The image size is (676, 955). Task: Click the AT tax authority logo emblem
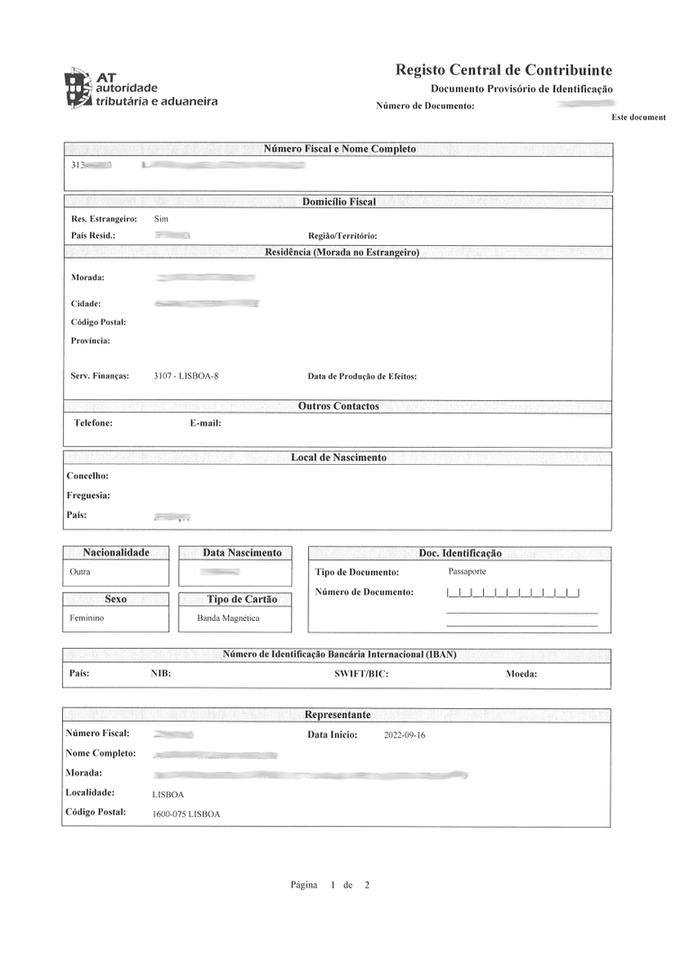point(78,88)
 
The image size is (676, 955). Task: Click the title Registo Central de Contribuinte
point(503,70)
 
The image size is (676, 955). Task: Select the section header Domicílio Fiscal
point(338,202)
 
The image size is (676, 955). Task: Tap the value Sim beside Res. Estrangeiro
point(161,219)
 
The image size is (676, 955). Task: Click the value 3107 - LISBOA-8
point(186,376)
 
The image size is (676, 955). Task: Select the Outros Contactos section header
point(338,406)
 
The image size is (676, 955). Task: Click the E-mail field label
point(206,423)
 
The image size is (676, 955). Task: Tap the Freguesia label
point(88,496)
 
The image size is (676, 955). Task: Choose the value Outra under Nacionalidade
point(80,571)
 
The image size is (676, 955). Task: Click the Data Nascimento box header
point(242,552)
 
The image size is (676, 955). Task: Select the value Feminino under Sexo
point(87,618)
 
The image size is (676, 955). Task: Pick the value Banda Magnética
point(228,618)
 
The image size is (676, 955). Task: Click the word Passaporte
point(467,571)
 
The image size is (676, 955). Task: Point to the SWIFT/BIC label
point(361,674)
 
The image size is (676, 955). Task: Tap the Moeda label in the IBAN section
point(522,674)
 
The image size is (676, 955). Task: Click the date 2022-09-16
point(405,735)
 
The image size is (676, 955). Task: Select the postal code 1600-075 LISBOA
point(186,814)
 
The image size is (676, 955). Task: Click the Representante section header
point(337,714)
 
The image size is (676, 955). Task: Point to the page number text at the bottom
point(330,885)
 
